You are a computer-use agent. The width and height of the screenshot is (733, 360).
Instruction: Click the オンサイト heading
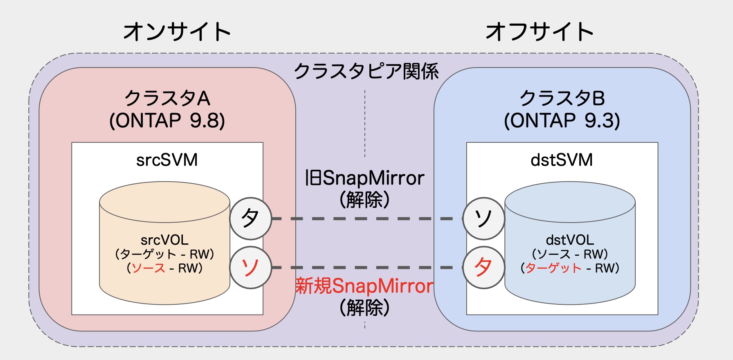(x=177, y=32)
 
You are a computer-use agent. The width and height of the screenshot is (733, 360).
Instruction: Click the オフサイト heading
(x=539, y=32)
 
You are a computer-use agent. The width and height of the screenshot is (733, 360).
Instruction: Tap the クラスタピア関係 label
(x=366, y=71)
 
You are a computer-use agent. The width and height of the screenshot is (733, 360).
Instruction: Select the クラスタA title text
(x=167, y=99)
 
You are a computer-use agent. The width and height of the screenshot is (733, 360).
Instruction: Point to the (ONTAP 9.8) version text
(x=167, y=121)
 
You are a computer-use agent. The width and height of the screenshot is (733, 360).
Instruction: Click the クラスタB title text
(x=562, y=99)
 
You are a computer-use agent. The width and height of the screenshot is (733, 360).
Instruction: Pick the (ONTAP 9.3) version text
(x=562, y=121)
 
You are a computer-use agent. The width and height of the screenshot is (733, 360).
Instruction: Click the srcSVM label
(x=167, y=160)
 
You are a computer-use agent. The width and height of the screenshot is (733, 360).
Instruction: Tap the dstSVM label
(x=562, y=160)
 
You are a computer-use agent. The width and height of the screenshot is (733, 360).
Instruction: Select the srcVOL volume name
(x=164, y=240)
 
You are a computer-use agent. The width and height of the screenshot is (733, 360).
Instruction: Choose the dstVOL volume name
(x=570, y=240)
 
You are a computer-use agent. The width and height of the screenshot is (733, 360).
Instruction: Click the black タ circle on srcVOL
(x=250, y=218)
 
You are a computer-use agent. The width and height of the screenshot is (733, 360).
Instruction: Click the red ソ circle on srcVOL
(x=250, y=268)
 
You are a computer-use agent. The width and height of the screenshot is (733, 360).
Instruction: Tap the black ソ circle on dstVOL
(x=483, y=218)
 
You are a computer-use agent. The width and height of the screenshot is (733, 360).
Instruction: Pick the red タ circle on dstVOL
(x=483, y=268)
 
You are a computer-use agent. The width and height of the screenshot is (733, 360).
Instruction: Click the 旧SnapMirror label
(x=364, y=178)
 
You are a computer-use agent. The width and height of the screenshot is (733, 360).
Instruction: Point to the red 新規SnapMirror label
(x=364, y=286)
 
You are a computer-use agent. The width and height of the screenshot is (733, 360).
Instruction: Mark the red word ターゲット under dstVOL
(x=553, y=268)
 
